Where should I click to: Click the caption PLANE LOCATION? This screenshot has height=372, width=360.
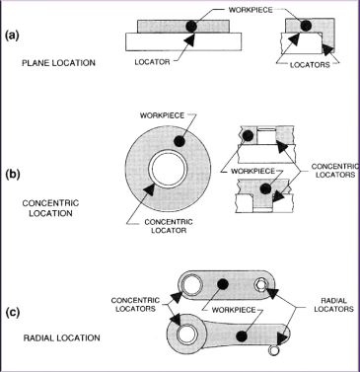coord(57,64)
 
